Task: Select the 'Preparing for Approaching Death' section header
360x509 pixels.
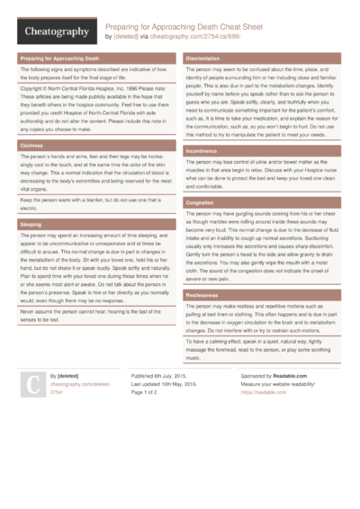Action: (64, 58)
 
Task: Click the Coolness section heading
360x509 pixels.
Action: (31, 145)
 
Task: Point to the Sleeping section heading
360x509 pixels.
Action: (31, 222)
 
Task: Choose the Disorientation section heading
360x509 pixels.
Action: (209, 58)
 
